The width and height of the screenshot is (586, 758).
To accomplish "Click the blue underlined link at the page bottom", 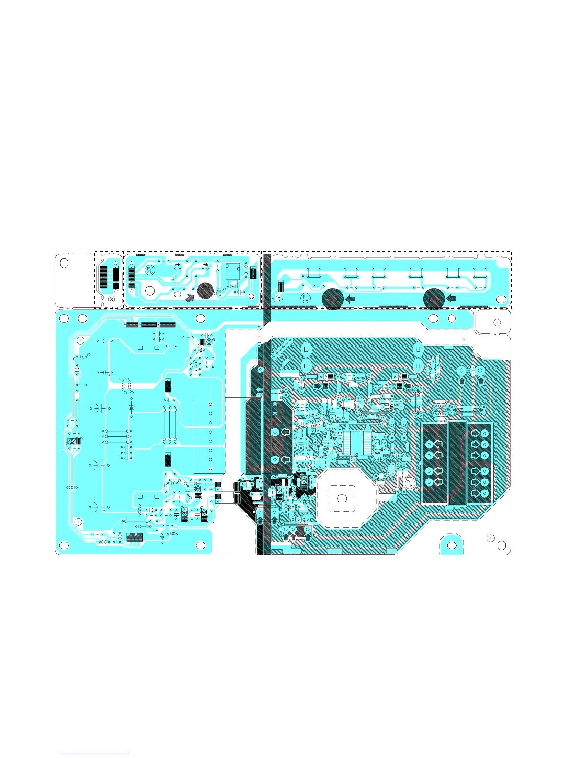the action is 95,754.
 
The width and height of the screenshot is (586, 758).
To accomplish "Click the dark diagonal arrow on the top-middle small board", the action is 190,298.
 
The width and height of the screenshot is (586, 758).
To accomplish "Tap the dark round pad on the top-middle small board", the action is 205,290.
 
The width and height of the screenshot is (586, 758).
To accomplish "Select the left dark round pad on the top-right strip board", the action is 332,299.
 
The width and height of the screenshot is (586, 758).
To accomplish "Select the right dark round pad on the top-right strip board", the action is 434,299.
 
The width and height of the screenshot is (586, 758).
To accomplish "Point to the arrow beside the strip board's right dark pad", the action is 451,299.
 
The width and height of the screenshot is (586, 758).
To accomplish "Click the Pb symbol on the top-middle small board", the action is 150,270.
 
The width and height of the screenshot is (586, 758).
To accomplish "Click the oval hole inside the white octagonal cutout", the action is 342,498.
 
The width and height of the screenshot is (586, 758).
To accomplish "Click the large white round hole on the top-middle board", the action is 150,290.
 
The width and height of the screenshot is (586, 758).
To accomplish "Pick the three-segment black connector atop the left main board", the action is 149,324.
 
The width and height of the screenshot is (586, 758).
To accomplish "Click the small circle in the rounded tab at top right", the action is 497,323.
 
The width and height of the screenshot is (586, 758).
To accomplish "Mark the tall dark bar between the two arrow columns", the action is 457,463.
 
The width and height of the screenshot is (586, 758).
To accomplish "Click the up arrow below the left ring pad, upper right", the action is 462,381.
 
